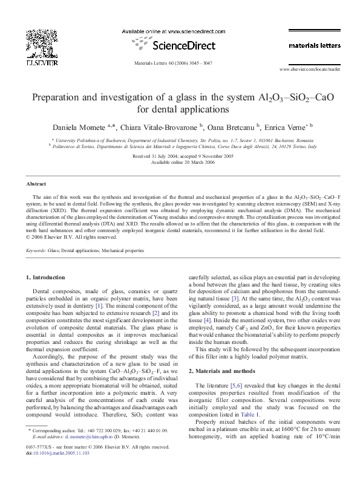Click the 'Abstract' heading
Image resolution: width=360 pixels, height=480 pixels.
[x=36, y=183]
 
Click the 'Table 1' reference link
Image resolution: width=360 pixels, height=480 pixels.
[x=250, y=391]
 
